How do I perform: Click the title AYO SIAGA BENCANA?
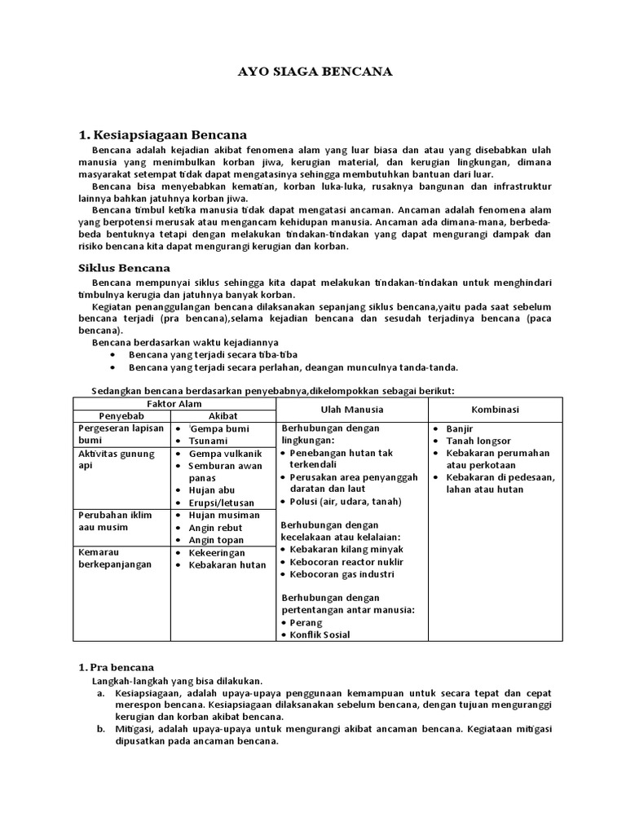(313, 72)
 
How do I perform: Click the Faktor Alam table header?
(174, 404)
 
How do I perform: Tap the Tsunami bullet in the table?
(208, 441)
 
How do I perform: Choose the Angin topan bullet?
(215, 540)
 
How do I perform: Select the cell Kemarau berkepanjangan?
(115, 558)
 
